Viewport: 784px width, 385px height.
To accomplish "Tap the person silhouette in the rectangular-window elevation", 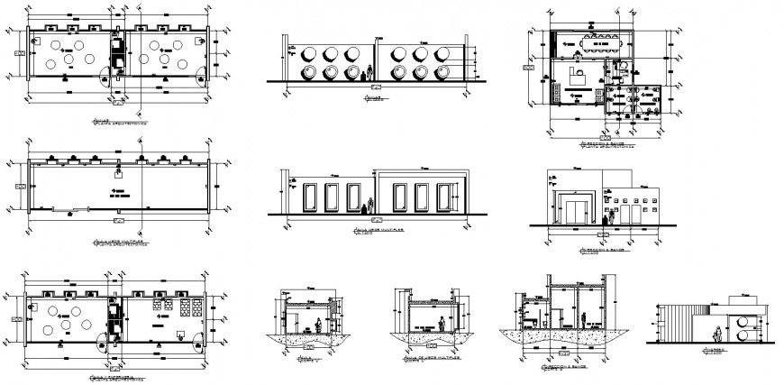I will (364, 207).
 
